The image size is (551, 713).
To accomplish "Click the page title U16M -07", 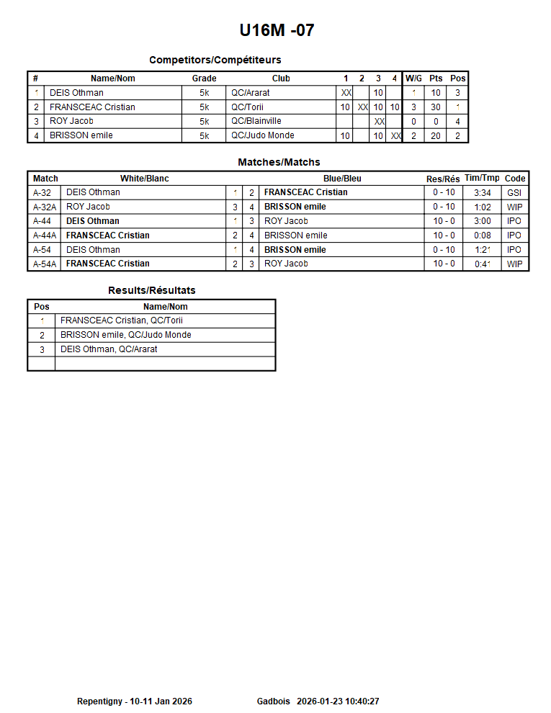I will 277,30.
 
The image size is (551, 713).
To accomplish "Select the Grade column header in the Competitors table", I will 204,79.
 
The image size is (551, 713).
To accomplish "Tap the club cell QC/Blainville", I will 256,121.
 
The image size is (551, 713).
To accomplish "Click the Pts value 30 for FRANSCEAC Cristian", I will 436,107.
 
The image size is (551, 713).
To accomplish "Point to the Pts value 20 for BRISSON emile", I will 436,135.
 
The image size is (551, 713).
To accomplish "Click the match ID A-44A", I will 45,236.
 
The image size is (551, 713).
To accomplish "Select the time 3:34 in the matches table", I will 483,192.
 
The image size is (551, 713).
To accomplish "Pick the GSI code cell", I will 514,192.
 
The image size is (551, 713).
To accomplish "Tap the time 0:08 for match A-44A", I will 483,236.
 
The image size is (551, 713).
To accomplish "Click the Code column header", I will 515,179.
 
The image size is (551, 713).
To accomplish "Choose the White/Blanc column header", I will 145,179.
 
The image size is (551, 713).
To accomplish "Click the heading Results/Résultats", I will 152,290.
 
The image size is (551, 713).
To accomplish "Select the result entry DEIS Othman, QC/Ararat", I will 109,349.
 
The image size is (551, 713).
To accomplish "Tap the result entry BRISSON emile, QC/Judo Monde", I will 126,335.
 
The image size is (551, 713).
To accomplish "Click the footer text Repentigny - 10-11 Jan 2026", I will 135,701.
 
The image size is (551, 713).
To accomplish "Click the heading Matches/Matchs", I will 279,162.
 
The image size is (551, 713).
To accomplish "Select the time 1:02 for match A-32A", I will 483,207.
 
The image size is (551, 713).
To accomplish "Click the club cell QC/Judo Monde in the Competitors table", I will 262,135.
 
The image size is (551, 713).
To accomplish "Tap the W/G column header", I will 413,79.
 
